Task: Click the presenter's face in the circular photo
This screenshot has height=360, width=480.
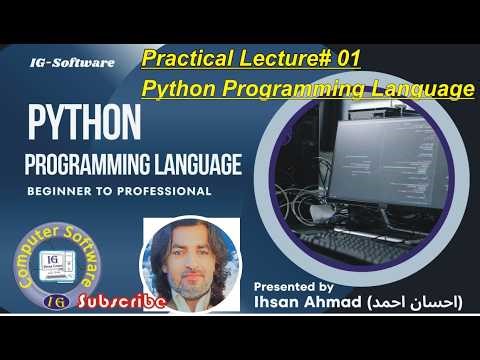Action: tap(191, 262)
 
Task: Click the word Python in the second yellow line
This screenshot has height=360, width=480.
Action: tap(180, 89)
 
